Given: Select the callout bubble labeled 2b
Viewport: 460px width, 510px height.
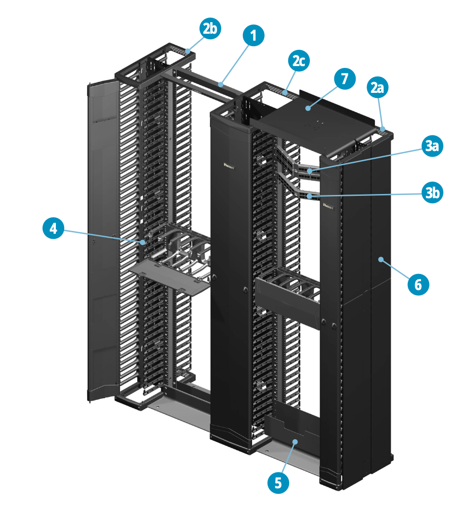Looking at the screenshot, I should (210, 29).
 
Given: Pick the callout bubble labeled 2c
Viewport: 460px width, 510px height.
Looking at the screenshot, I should (298, 62).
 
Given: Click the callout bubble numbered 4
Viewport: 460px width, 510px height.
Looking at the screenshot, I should (54, 229).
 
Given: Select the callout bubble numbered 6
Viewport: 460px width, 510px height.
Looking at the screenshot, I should (418, 284).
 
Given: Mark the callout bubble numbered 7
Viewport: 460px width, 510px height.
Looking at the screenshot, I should (345, 79).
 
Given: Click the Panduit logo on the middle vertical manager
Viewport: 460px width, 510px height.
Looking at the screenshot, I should (229, 164).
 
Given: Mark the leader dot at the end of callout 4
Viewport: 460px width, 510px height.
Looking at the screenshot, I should (144, 242).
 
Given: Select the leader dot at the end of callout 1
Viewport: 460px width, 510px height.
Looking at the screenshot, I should (222, 85).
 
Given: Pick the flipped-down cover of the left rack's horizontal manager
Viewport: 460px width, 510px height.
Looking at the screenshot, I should (170, 277).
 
